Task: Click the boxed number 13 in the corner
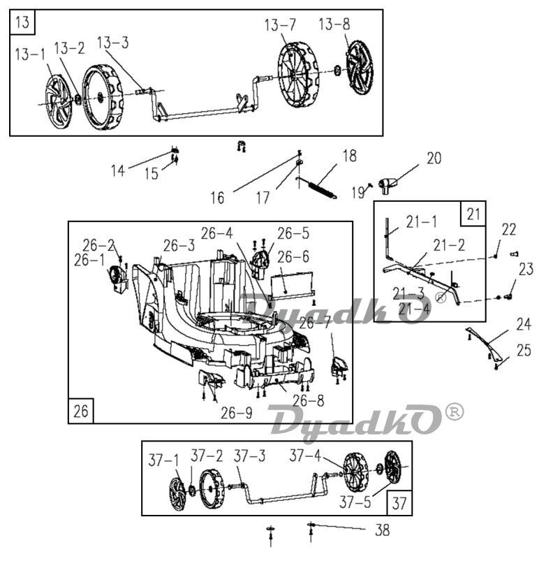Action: [22, 22]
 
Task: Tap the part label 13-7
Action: [280, 25]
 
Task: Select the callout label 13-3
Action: [112, 43]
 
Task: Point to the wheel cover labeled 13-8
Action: [360, 68]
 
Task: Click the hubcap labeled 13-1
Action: [58, 101]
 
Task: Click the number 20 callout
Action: [434, 158]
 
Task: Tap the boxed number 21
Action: [473, 214]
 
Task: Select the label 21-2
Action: [449, 245]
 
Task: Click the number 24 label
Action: [524, 324]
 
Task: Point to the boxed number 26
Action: [80, 411]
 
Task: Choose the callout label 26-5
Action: [293, 233]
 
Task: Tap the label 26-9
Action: [237, 413]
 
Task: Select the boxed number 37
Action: [399, 504]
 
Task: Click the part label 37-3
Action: [249, 456]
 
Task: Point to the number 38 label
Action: [382, 530]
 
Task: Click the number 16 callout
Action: [217, 198]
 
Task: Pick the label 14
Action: [117, 170]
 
